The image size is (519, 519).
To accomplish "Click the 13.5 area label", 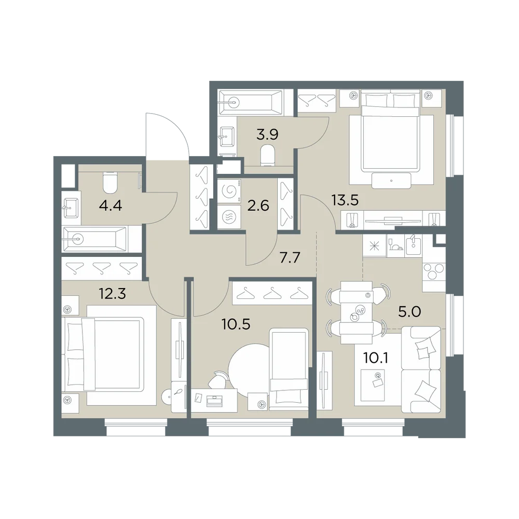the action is (346, 200).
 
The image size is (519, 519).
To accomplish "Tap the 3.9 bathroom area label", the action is (267, 135).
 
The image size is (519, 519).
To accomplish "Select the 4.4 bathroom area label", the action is (111, 206).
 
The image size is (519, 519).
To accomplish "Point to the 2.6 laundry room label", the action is (258, 206).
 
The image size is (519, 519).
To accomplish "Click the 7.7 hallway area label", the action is (290, 257).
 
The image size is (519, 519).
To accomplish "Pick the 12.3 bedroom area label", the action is (113, 293).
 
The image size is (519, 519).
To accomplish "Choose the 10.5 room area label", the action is (236, 324).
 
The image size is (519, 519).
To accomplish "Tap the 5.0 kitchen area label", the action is (409, 312).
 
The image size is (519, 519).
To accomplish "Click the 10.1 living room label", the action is (375, 358).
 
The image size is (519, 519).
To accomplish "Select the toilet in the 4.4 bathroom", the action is (111, 182).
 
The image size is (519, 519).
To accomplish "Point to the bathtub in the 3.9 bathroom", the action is (251, 103).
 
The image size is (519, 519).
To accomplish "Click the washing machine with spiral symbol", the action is (229, 190).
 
